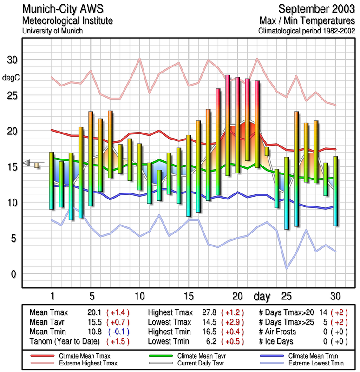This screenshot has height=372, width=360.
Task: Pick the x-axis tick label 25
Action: click(286, 296)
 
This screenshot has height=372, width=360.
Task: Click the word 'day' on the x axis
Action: click(262, 296)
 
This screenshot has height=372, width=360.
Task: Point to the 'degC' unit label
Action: click(12, 78)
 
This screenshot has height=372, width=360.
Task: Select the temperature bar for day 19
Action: click(228, 126)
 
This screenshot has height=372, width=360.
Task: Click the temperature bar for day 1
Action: click(52, 181)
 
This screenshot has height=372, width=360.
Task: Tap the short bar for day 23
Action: click(267, 152)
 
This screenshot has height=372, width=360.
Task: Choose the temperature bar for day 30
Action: click(335, 191)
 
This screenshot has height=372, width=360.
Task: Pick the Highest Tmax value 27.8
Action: click(209, 312)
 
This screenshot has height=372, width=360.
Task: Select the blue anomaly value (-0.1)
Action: click(118, 332)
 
